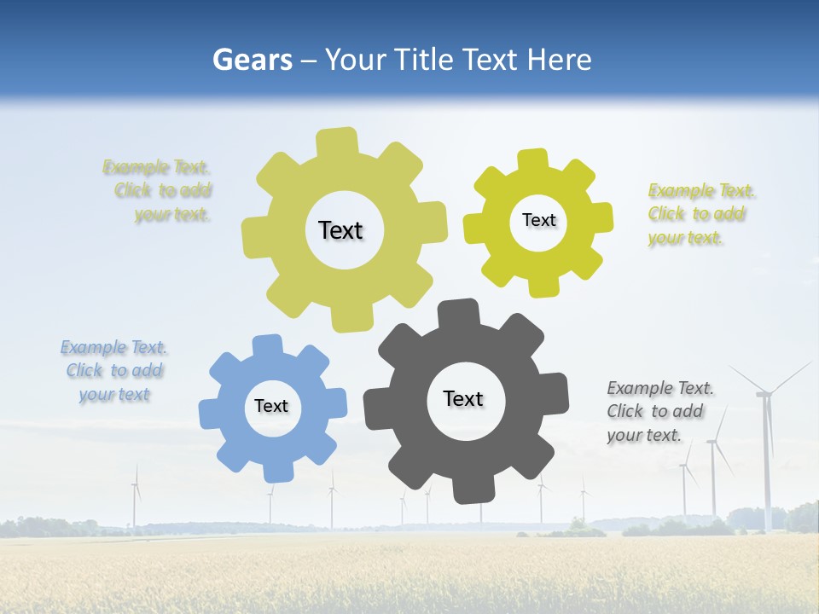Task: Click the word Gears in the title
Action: point(252,60)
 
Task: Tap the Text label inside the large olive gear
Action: point(340,230)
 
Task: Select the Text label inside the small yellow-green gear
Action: point(538,220)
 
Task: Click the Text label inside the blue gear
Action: point(271,406)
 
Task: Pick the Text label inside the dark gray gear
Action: point(463,398)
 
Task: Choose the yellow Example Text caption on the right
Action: point(700,213)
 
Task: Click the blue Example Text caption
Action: point(113,370)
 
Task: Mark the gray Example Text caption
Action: point(659,411)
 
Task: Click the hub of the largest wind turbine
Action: point(764,393)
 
